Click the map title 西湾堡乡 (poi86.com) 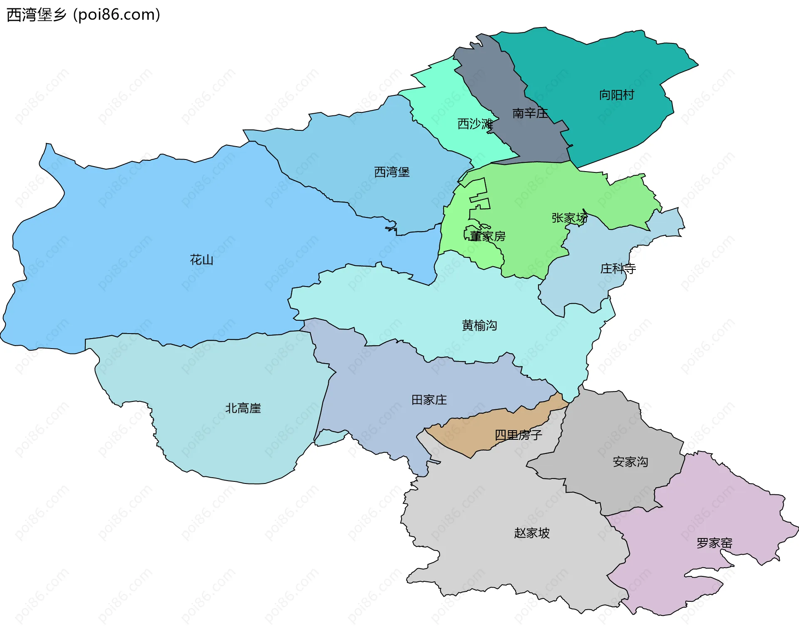click(83, 15)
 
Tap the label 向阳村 click(616, 95)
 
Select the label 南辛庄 click(530, 113)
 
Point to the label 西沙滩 click(475, 124)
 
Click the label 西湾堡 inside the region click(392, 172)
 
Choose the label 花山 click(201, 260)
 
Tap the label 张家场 click(569, 218)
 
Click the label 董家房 click(487, 237)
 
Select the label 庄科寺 click(618, 269)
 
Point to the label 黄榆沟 click(479, 325)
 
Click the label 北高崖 click(243, 408)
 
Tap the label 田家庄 click(429, 400)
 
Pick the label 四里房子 click(518, 435)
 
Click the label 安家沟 click(630, 462)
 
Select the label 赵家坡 click(532, 533)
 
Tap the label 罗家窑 click(714, 543)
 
